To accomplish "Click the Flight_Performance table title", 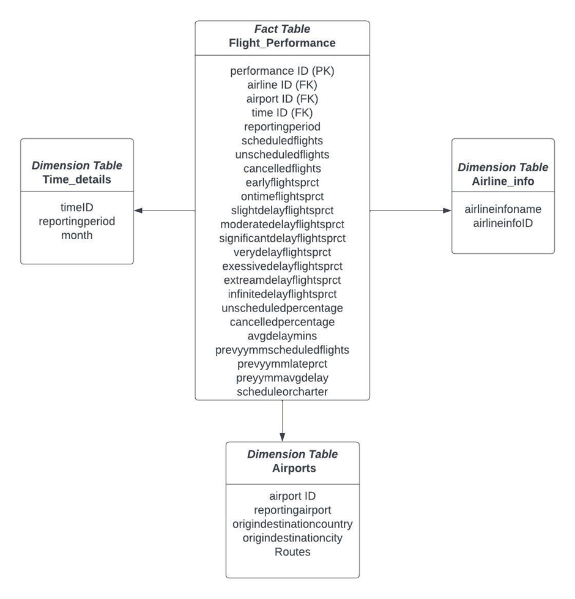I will [x=282, y=43].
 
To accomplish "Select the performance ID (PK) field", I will [x=282, y=71].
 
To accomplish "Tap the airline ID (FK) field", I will [x=282, y=85].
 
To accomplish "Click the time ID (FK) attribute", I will [x=282, y=113].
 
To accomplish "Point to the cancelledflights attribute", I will [x=282, y=168].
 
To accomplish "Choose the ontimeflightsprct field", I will [x=282, y=196].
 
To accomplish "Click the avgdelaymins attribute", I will [x=282, y=335].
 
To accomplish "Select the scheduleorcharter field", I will [x=282, y=391].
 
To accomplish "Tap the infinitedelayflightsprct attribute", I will [x=282, y=294].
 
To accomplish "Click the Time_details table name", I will [x=76, y=179].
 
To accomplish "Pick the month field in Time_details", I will [x=76, y=235].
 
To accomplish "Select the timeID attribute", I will [x=76, y=207].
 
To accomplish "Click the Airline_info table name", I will [x=503, y=180].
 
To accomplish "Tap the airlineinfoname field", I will [x=503, y=209].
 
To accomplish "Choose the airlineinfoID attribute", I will [x=503, y=223].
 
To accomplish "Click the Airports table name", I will [x=292, y=468].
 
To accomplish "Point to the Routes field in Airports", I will [x=292, y=552].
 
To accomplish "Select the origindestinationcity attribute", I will [x=292, y=538].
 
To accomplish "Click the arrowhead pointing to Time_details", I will [x=138, y=210].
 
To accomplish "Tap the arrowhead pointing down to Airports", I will [x=282, y=437].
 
